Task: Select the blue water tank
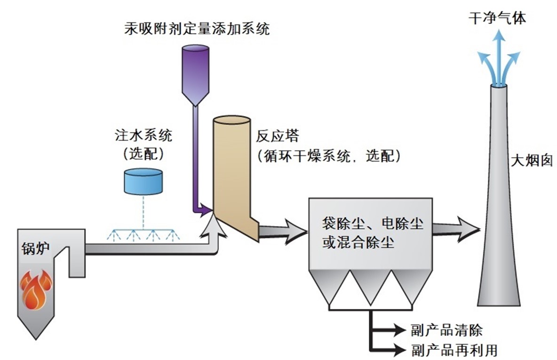pos(143,181)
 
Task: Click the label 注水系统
pos(143,136)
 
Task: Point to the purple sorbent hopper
pos(195,75)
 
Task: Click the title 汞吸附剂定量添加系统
pos(197,28)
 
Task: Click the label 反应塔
pos(278,136)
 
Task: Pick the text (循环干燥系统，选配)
pos(329,155)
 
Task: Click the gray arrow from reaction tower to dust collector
pos(283,232)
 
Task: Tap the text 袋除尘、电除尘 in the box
pos(372,223)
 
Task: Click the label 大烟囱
pos(532,160)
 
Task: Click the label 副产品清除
pos(446,330)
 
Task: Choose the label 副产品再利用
pos(454,350)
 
